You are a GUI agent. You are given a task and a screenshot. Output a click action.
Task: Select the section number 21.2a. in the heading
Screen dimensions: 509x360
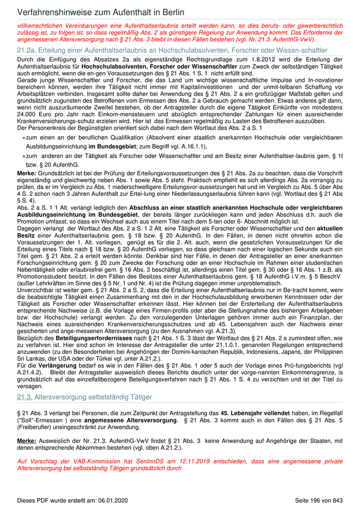pyautogui.click(x=26, y=50)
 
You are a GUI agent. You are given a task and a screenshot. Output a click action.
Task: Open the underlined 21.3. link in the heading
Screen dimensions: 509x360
pyautogui.click(x=25, y=397)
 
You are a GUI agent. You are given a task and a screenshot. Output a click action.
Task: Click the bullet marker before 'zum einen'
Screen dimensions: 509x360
pyautogui.click(x=24, y=139)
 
